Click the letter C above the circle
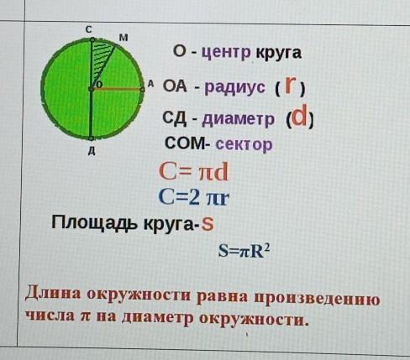coord(88,30)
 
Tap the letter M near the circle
coord(124,37)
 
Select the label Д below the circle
coord(92,151)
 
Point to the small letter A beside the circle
coord(150,83)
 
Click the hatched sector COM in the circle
coord(100,57)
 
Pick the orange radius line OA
coord(117,89)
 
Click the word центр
coord(226,53)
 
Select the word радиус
coord(234,87)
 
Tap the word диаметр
coord(238,119)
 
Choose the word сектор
coord(244,144)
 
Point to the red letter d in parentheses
coord(299,117)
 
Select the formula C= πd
coord(193,172)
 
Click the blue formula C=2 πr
coord(194,197)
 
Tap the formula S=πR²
coord(244,252)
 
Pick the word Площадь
coord(96,223)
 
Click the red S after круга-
coord(208,224)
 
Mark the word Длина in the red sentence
coord(53,294)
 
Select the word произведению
coord(317,299)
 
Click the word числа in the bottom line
coord(50,316)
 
